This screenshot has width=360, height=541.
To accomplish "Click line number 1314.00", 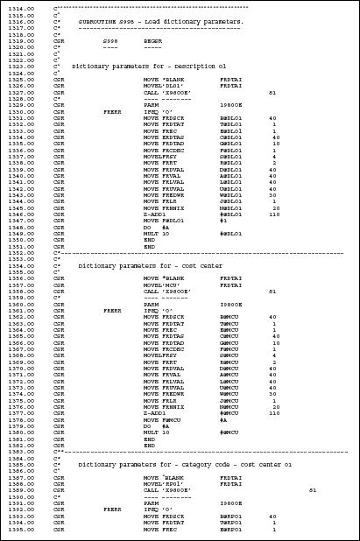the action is (20, 7).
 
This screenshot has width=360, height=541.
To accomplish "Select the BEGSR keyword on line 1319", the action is (153, 40).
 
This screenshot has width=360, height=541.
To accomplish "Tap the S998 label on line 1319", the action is (110, 40).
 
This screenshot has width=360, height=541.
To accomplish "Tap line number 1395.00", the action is (20, 530).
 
